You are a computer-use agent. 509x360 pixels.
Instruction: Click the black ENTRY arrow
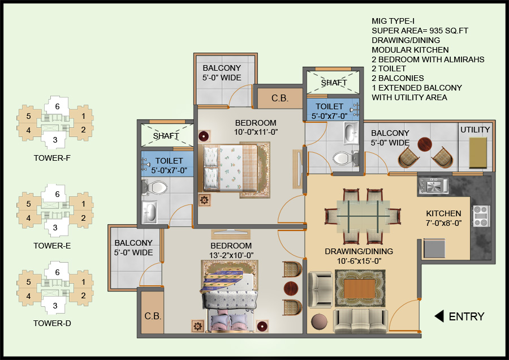pyautogui.click(x=439, y=316)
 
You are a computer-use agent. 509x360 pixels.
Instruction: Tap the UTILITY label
pyautogui.click(x=475, y=130)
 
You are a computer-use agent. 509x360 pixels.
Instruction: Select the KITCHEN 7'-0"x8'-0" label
pyautogui.click(x=444, y=218)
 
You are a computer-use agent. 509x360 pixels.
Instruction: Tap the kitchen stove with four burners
pyautogui.click(x=480, y=216)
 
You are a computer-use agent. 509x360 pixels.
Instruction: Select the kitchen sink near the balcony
pyautogui.click(x=433, y=185)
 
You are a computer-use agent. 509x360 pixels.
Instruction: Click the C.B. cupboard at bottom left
pyautogui.click(x=153, y=316)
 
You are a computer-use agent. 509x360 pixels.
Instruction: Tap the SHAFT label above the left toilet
pyautogui.click(x=166, y=136)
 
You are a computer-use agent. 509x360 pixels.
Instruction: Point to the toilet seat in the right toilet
pyautogui.click(x=343, y=157)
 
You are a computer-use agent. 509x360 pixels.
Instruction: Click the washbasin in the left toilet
pyautogui.click(x=149, y=213)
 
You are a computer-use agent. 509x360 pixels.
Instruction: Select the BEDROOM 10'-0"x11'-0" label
pyautogui.click(x=256, y=127)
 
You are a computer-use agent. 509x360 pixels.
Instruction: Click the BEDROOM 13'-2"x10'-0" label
pyautogui.click(x=231, y=250)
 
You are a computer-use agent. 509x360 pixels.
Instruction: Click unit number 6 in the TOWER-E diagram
pyautogui.click(x=57, y=194)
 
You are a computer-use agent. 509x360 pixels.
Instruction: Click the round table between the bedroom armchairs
pyautogui.click(x=291, y=288)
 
